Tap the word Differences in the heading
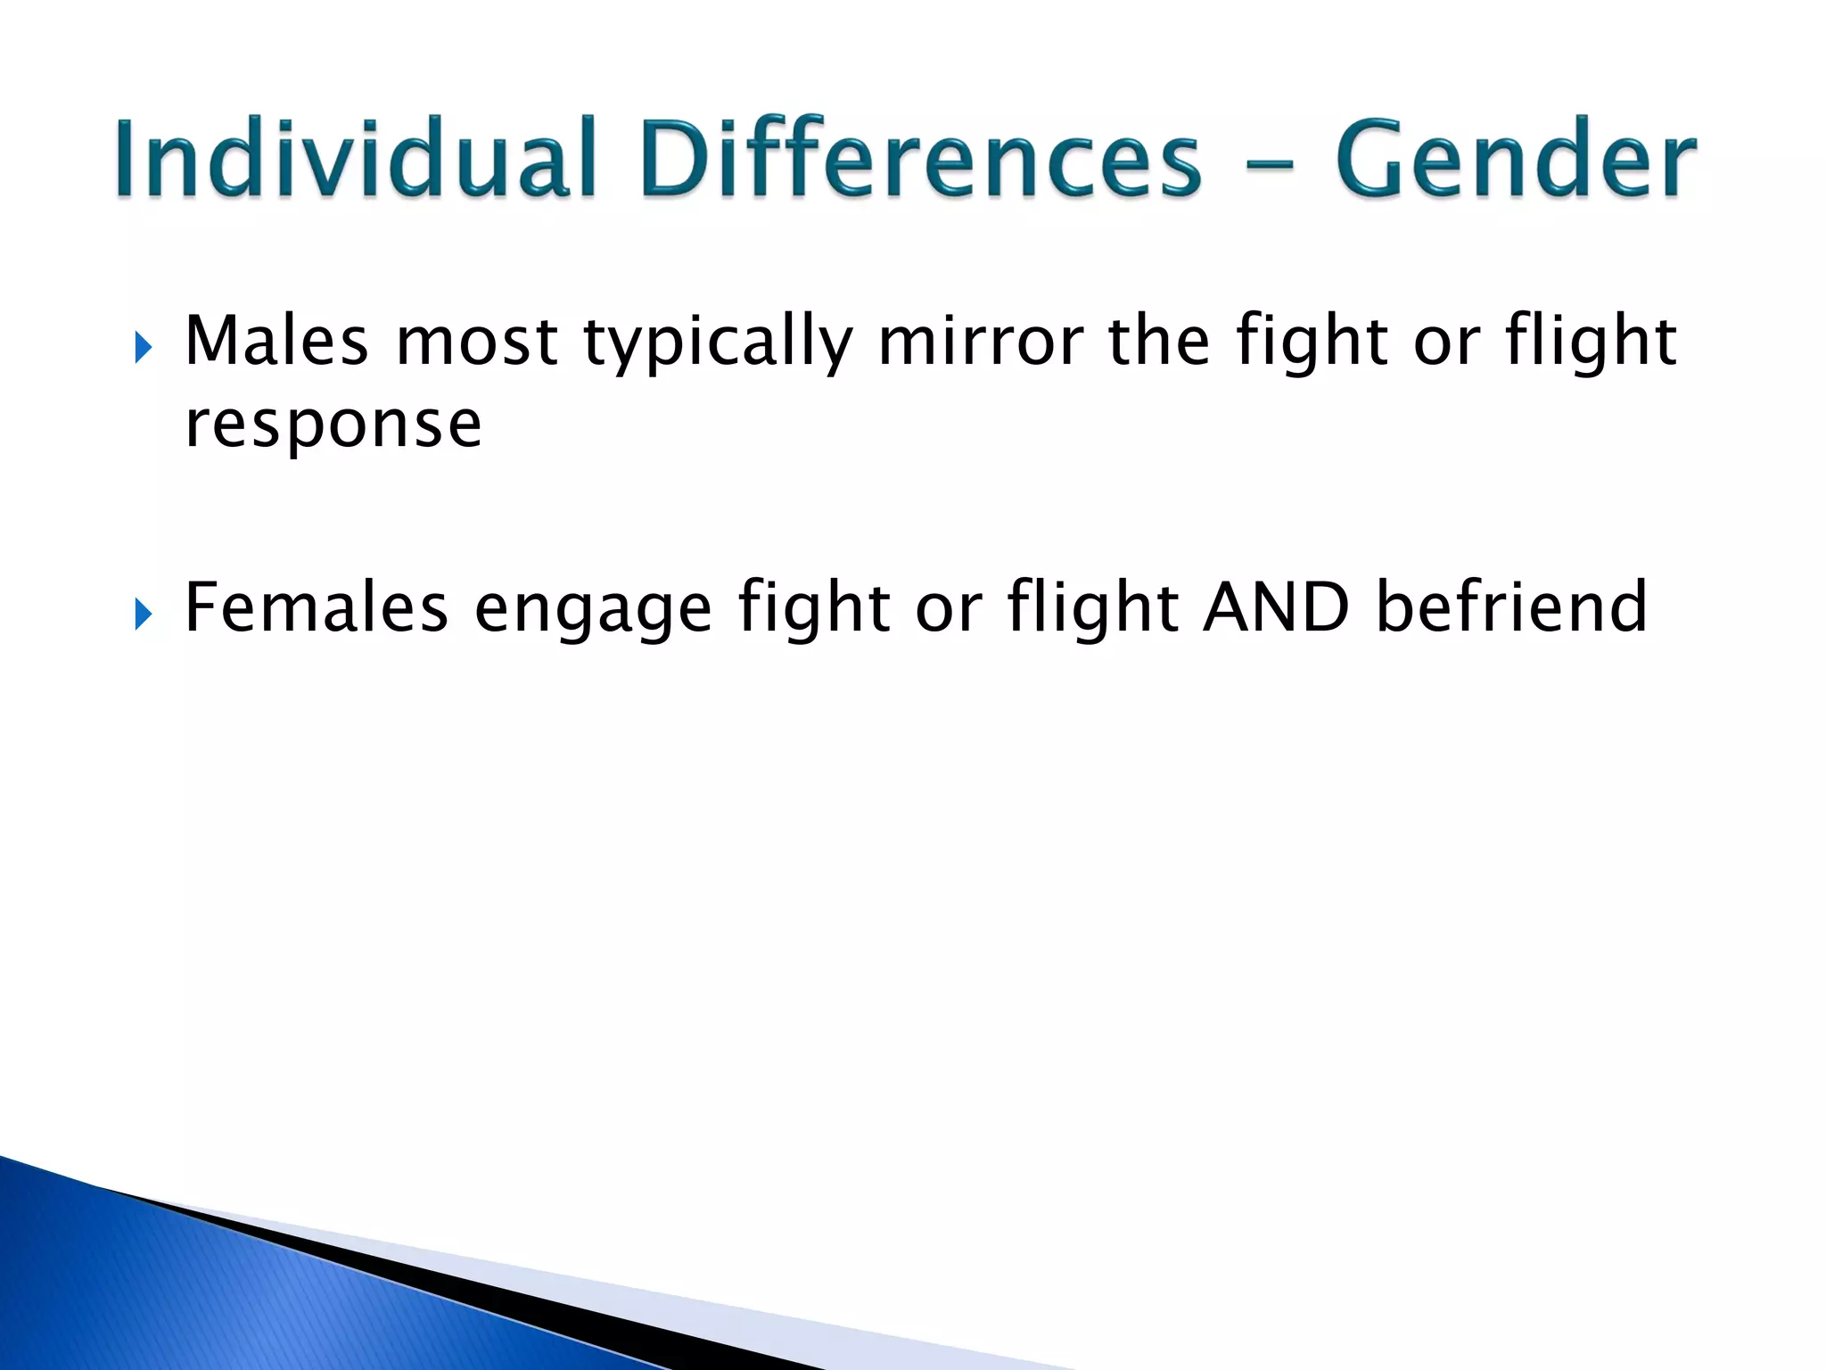click(921, 159)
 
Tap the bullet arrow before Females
click(143, 615)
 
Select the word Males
click(276, 342)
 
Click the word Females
click(316, 607)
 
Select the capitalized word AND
click(1276, 607)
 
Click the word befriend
click(1511, 607)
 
